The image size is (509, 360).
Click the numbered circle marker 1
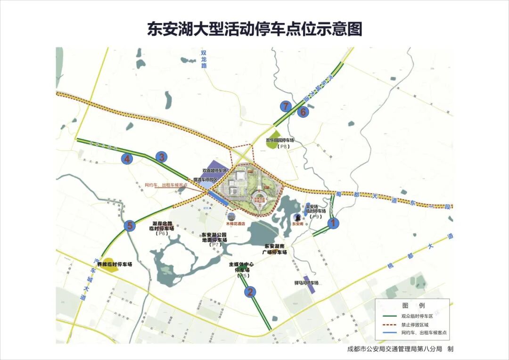click(x=333, y=223)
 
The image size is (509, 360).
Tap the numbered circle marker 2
click(x=250, y=292)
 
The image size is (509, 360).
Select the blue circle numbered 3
click(x=162, y=157)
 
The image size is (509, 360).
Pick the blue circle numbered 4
click(x=127, y=159)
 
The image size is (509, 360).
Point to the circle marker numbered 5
click(x=130, y=226)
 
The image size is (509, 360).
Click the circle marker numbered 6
click(x=303, y=112)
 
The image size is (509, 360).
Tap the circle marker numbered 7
click(x=285, y=106)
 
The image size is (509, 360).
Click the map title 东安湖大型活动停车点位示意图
click(x=254, y=29)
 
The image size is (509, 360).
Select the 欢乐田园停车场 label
click(x=280, y=140)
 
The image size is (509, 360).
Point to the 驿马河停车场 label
click(x=307, y=283)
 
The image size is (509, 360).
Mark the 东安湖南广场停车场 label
click(x=275, y=249)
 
